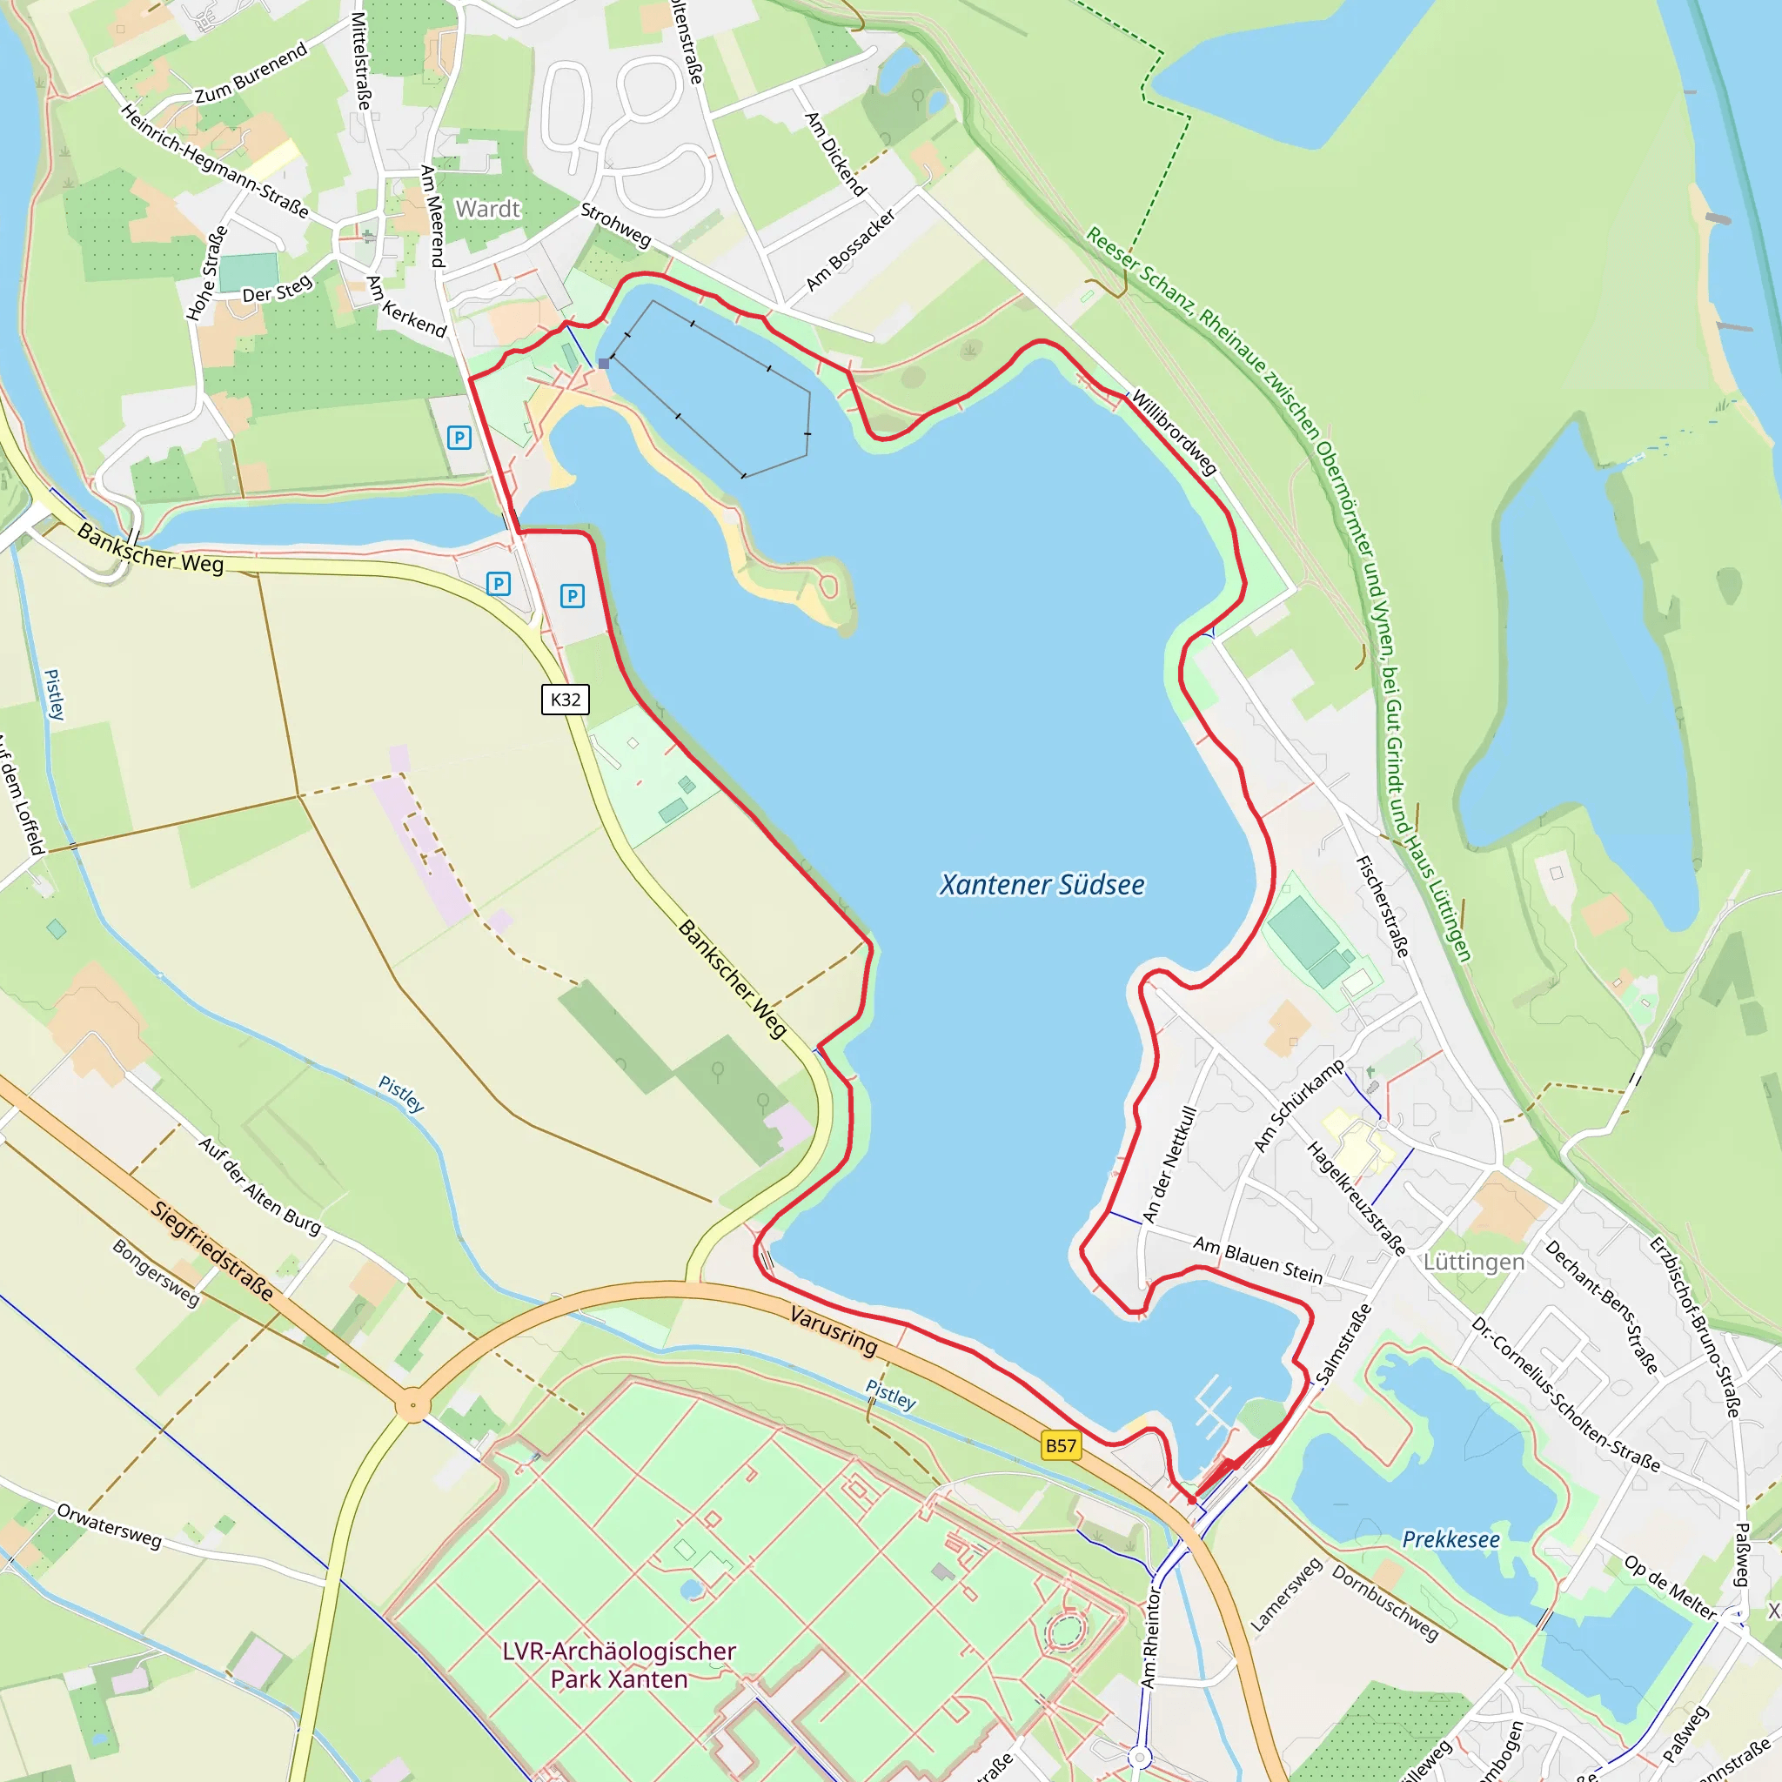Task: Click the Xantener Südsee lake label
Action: point(1042,886)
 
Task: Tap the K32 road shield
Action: point(566,700)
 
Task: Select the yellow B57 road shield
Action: point(1061,1445)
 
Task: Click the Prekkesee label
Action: point(1450,1539)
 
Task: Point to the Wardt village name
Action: point(488,210)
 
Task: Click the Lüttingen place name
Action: point(1473,1262)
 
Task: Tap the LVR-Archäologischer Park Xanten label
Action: point(619,1665)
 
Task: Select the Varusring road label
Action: point(834,1330)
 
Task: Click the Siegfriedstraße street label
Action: point(213,1250)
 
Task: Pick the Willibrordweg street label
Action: point(1174,432)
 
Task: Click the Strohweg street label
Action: point(616,225)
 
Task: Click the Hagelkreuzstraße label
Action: point(1356,1199)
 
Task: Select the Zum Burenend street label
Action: point(251,74)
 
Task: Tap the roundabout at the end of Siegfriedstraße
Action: point(412,1406)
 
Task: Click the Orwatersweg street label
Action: point(109,1526)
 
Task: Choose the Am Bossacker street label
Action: point(850,250)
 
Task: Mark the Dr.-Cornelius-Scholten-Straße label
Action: point(1565,1394)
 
